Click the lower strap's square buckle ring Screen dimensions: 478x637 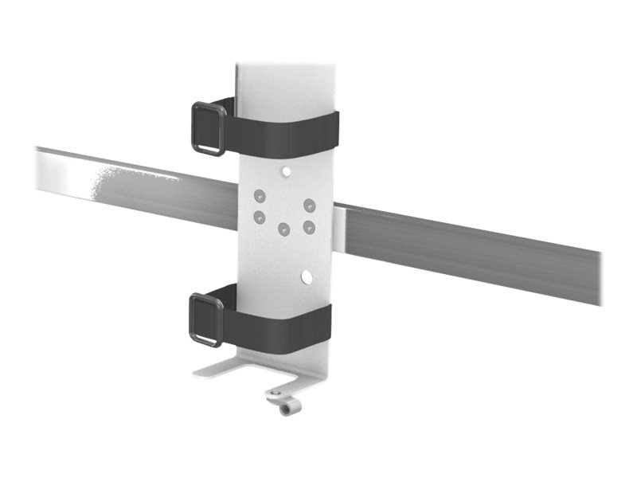click(x=206, y=319)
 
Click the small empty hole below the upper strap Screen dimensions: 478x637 click(x=285, y=170)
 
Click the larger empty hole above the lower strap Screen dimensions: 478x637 click(x=306, y=277)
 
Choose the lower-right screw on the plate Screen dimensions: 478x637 click(x=309, y=227)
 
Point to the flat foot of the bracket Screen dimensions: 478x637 click(x=239, y=369)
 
